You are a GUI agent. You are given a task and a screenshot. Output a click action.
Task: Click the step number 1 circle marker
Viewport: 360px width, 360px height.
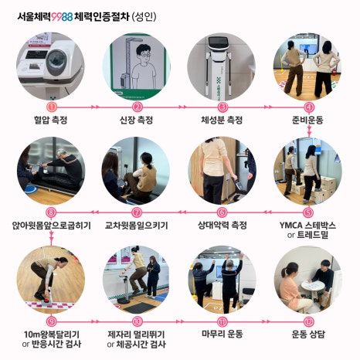pyautogui.click(x=51, y=107)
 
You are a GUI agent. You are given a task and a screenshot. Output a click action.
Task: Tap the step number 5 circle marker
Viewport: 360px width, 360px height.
pyautogui.click(x=308, y=212)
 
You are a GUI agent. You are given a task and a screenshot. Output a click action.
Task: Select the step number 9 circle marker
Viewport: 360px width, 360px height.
pyautogui.click(x=51, y=321)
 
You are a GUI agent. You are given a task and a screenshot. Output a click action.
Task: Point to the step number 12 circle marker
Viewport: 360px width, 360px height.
pyautogui.click(x=308, y=321)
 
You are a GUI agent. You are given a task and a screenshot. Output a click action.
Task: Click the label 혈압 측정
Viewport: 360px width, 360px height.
pyautogui.click(x=51, y=120)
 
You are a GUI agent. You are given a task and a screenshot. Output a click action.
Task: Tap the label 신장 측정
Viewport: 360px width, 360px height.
pyautogui.click(x=137, y=120)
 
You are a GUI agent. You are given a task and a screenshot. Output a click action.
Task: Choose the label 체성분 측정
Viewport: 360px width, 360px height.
pyautogui.click(x=222, y=120)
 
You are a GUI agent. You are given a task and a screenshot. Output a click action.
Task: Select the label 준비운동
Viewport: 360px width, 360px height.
pyautogui.click(x=307, y=120)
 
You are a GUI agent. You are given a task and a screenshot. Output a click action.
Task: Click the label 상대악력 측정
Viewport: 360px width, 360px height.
pyautogui.click(x=222, y=226)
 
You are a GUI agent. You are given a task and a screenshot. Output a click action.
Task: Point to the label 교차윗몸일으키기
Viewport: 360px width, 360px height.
pyautogui.click(x=137, y=226)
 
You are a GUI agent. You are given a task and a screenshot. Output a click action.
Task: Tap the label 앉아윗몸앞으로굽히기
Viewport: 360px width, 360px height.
pyautogui.click(x=52, y=226)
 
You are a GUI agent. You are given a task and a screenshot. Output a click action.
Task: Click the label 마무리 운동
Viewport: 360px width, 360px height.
pyautogui.click(x=222, y=334)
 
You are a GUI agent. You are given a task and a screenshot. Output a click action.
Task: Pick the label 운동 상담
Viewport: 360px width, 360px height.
pyautogui.click(x=308, y=334)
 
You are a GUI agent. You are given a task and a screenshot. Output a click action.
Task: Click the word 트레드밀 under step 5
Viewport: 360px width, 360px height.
pyautogui.click(x=313, y=235)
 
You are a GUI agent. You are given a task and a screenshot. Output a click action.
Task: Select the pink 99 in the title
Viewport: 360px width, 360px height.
pyautogui.click(x=56, y=17)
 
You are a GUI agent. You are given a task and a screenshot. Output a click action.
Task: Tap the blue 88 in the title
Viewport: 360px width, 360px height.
pyautogui.click(x=67, y=17)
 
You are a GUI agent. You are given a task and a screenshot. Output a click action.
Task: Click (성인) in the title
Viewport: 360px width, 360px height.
pyautogui.click(x=144, y=17)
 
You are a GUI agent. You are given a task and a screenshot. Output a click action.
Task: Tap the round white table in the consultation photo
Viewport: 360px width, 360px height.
pyautogui.click(x=313, y=286)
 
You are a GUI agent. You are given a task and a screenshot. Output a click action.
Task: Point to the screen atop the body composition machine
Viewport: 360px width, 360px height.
pyautogui.click(x=219, y=42)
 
